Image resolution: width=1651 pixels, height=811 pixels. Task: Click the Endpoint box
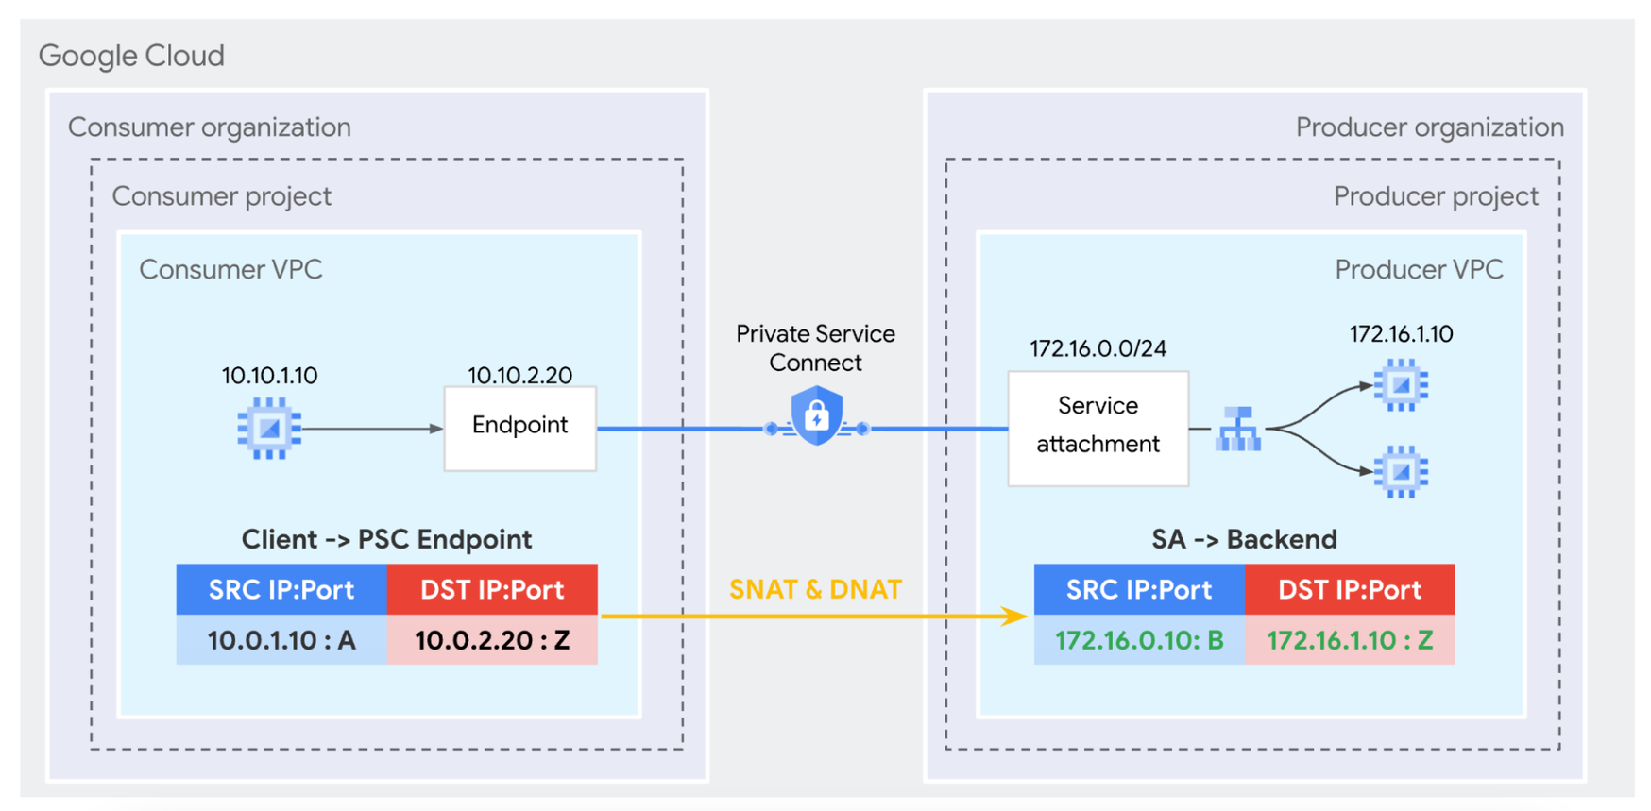tap(519, 428)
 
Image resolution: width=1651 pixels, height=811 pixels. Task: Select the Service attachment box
tap(1098, 428)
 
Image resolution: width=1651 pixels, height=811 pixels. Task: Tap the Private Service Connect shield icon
tap(816, 415)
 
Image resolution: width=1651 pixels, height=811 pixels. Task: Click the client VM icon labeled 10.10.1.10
tap(269, 429)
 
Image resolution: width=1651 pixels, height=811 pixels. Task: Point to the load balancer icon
tap(1238, 430)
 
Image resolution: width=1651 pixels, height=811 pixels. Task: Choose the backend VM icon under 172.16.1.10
tap(1401, 385)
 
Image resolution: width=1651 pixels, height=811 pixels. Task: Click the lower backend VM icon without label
tap(1401, 471)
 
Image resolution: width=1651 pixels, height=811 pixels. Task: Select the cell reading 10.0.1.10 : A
tap(281, 640)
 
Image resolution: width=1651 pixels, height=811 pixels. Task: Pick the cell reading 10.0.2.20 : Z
tap(492, 640)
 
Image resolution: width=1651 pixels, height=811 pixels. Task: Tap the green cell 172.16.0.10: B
tap(1139, 640)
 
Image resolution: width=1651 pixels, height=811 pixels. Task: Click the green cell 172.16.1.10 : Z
tap(1350, 640)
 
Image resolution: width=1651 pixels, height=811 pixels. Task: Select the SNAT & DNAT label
tap(815, 589)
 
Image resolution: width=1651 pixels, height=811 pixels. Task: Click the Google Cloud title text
tap(131, 56)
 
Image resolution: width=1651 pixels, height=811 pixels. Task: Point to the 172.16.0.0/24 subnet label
tap(1098, 348)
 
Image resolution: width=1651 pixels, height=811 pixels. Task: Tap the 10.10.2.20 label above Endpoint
tap(519, 375)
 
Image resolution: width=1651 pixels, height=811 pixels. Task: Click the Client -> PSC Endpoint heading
tap(386, 539)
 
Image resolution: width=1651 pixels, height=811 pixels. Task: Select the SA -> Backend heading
tap(1244, 539)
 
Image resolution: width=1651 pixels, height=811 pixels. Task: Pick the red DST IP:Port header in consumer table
tap(492, 589)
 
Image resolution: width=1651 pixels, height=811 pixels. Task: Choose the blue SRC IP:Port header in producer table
tap(1139, 589)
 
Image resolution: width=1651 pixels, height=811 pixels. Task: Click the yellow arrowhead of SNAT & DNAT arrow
tap(1017, 617)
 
